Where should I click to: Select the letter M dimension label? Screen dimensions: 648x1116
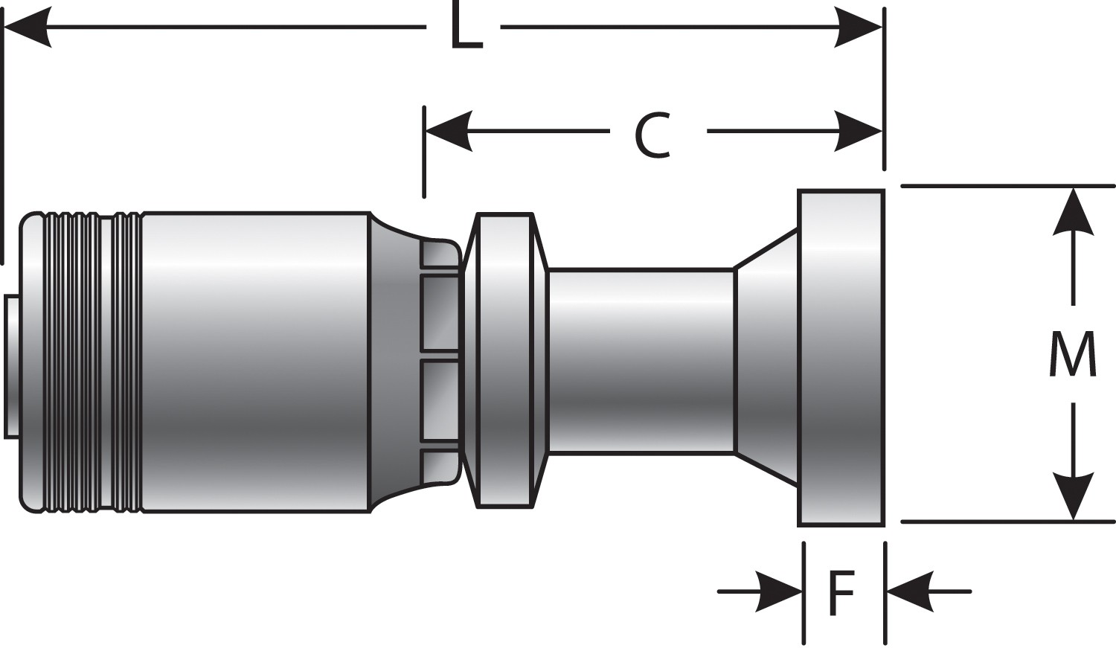tap(1072, 354)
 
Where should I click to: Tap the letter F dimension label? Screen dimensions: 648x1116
tap(841, 593)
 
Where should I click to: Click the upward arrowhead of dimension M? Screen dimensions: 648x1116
tap(1073, 212)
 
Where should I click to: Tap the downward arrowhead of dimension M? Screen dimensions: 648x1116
tap(1073, 495)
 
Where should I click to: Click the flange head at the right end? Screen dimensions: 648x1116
tap(841, 357)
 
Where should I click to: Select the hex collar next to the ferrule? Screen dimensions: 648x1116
tap(505, 361)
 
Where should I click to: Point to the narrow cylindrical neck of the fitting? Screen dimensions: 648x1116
tap(640, 361)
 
